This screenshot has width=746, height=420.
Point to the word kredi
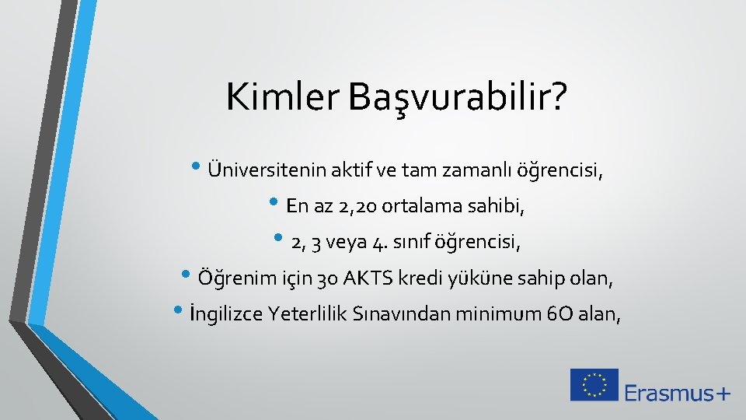[417, 278]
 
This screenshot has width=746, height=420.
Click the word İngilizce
[224, 314]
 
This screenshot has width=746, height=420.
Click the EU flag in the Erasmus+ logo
[594, 385]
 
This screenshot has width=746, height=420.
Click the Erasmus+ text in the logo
[677, 393]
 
